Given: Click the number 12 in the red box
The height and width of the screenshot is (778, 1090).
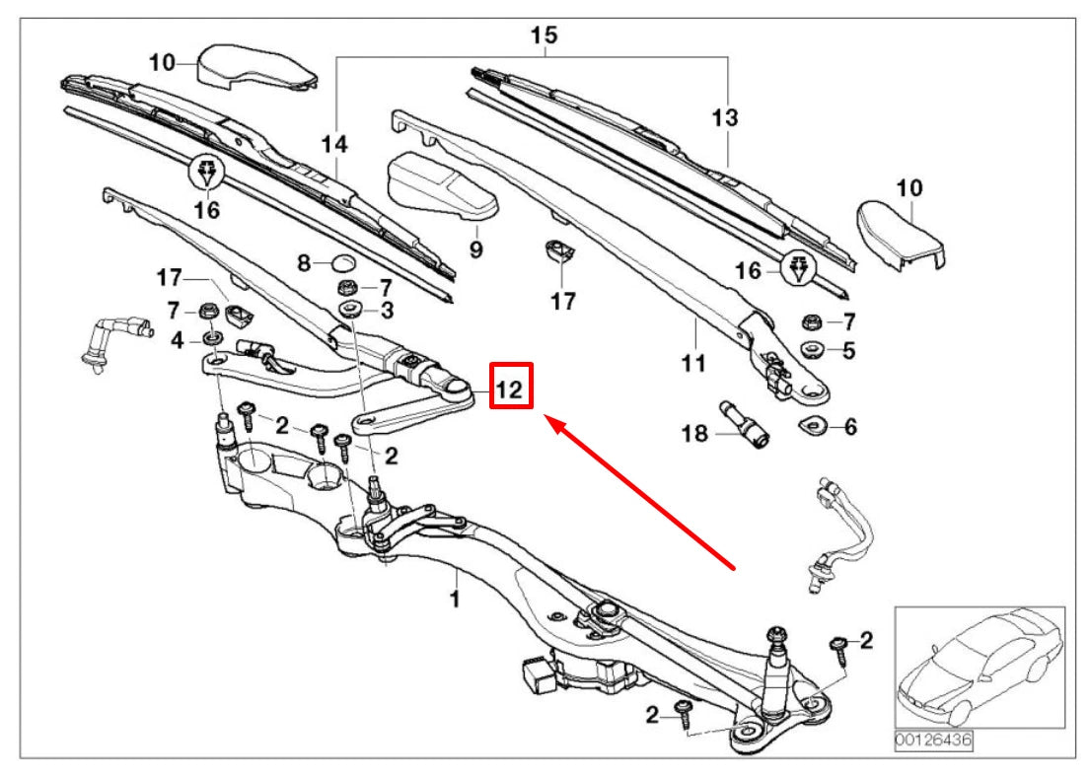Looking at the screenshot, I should [x=511, y=388].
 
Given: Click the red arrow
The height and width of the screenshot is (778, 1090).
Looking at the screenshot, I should [x=641, y=492].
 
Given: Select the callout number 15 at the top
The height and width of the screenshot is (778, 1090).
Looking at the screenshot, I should [x=544, y=35].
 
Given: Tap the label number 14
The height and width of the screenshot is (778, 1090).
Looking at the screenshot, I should [x=334, y=145].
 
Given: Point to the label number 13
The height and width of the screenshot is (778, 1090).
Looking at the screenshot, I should [x=724, y=118].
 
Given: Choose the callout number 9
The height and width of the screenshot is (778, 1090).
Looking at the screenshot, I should [x=475, y=250].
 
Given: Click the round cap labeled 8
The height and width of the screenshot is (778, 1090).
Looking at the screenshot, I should [x=342, y=262].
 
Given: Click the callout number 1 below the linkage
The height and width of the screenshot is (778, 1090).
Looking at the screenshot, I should [x=455, y=599].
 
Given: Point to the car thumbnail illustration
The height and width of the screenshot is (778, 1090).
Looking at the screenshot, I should [x=978, y=667].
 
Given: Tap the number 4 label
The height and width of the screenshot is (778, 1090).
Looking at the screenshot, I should [x=176, y=341].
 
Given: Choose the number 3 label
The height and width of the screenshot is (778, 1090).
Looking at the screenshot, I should [x=388, y=312].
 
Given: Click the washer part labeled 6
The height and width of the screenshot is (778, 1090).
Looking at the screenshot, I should [x=812, y=426].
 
